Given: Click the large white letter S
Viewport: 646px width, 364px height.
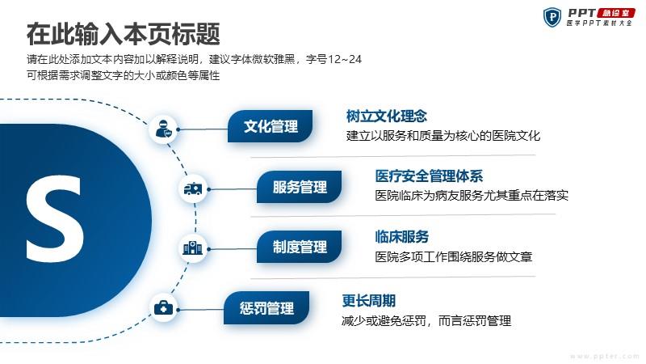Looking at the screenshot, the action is (55, 218).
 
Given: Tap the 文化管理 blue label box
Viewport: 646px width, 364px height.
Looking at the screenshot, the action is (270, 126).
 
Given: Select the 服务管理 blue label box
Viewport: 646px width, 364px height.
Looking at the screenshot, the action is (299, 187).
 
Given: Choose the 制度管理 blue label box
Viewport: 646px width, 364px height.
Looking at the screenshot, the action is (299, 247).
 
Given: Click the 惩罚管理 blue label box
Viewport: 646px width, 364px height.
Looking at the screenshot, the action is (266, 308).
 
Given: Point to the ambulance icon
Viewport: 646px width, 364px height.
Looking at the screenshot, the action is (193, 189).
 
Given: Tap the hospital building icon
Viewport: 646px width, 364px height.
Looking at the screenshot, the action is (192, 248).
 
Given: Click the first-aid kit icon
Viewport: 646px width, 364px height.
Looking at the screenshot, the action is (163, 308).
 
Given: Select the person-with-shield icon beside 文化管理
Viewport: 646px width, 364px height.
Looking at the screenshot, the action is (164, 129).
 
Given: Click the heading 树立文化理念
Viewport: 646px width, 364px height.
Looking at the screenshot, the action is (387, 116).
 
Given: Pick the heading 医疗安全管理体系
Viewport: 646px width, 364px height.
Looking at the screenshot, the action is (429, 176).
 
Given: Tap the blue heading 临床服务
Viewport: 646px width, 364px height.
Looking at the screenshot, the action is (401, 237).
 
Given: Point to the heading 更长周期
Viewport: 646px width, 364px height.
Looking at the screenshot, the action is (369, 301).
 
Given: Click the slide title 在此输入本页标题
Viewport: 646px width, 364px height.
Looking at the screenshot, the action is (124, 34).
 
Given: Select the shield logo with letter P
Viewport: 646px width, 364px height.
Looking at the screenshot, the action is (552, 17).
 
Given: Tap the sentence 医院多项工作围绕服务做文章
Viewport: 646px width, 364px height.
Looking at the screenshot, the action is (454, 257).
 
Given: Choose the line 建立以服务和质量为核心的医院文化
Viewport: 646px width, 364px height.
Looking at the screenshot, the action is (443, 136).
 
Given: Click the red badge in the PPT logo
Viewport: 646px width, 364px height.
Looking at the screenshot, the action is (616, 13).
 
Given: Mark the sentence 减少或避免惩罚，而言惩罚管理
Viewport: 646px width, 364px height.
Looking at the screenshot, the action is (426, 320).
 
